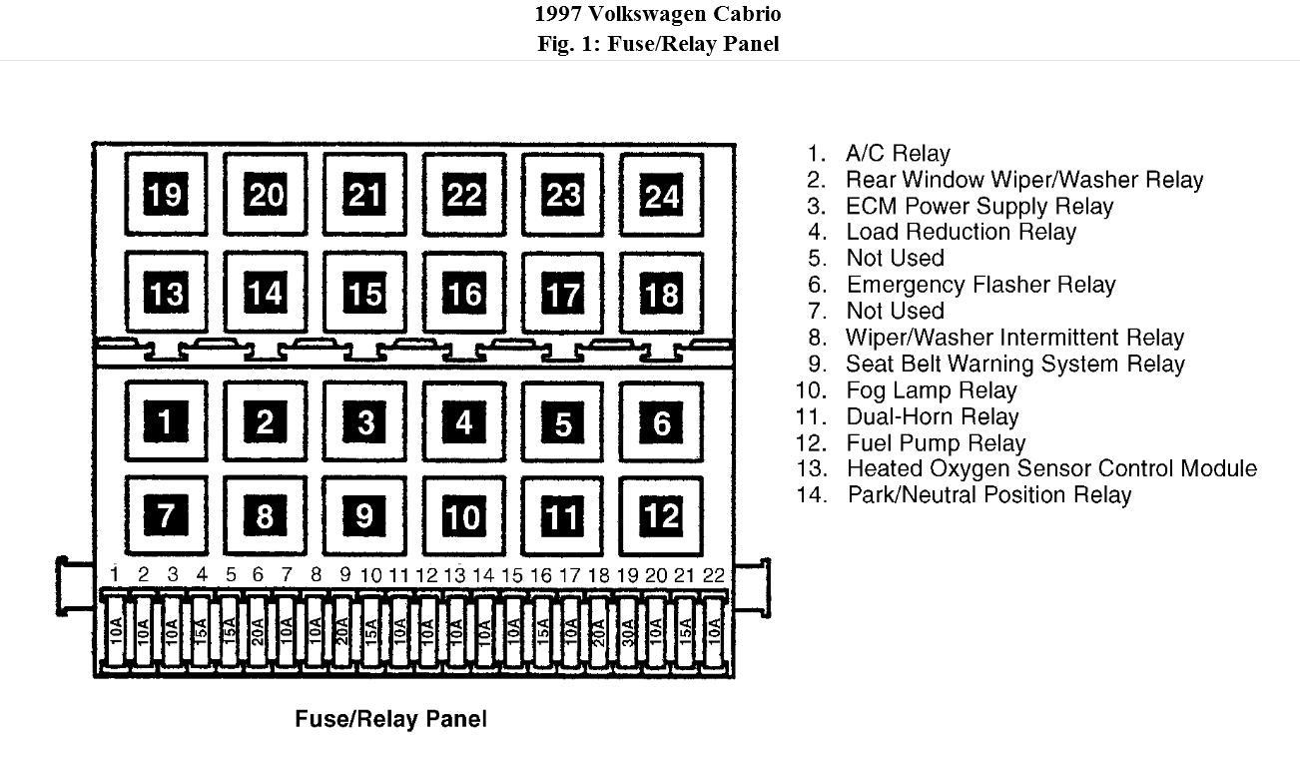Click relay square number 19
click(166, 194)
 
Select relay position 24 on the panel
click(661, 195)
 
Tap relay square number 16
click(463, 294)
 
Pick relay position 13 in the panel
click(166, 294)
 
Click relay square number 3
click(364, 422)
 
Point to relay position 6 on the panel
click(661, 422)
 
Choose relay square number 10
click(463, 515)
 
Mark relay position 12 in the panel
click(661, 515)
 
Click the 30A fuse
click(628, 632)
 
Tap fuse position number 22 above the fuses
click(713, 574)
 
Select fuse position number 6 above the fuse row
click(258, 574)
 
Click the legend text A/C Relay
click(897, 154)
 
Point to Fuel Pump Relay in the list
click(936, 443)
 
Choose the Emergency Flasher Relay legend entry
click(979, 285)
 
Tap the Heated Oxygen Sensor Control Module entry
click(1050, 468)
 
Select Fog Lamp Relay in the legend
click(931, 390)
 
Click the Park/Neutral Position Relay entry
click(988, 494)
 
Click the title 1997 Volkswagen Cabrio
click(657, 14)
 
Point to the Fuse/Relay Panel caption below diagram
click(390, 719)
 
